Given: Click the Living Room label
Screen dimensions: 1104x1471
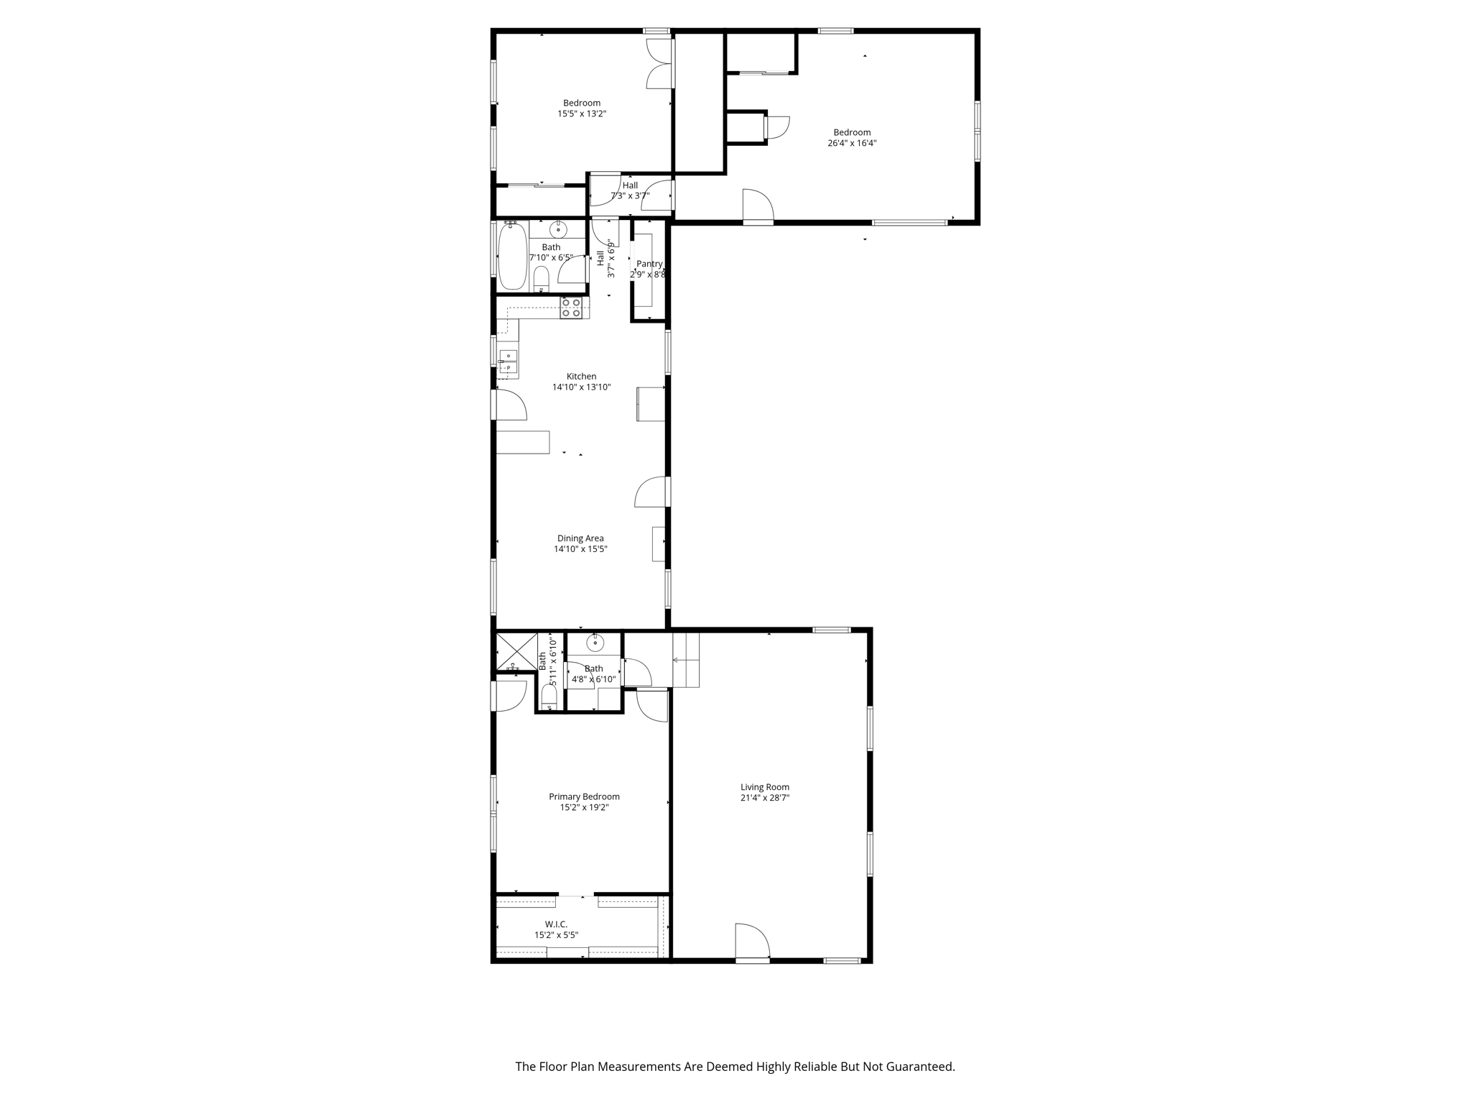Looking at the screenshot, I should click(x=764, y=787).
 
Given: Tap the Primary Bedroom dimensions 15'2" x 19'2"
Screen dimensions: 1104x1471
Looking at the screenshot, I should click(x=584, y=807).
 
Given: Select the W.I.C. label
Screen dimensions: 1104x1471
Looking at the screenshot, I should click(x=555, y=924).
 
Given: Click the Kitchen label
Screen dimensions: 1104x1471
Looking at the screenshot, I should click(x=581, y=376).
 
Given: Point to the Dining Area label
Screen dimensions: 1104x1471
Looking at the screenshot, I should click(x=580, y=538).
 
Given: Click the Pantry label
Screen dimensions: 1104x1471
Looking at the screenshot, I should click(x=649, y=264).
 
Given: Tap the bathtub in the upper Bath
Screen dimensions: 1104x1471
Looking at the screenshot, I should click(x=512, y=257).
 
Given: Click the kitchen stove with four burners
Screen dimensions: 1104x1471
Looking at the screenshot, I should click(x=571, y=308).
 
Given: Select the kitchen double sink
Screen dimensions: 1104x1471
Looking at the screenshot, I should click(x=508, y=362).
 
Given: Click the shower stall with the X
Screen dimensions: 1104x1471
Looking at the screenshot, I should click(x=516, y=651).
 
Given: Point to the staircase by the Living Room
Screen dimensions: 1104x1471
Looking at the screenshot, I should click(x=686, y=660).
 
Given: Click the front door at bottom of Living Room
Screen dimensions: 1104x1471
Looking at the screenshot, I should click(x=752, y=942).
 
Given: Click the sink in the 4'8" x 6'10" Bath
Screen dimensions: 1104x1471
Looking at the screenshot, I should click(x=595, y=643).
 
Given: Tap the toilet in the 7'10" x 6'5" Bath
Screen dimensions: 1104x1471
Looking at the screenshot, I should click(x=542, y=277).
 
